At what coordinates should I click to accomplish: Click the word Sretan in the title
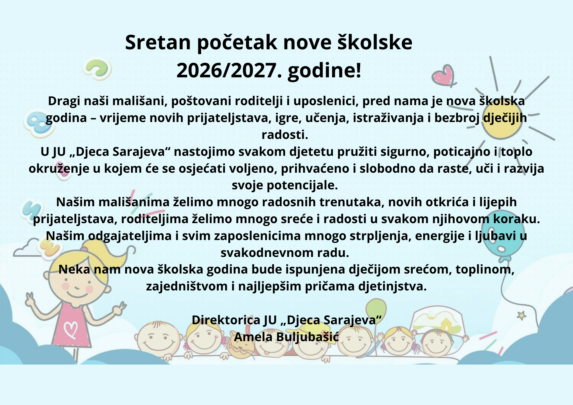click(158, 42)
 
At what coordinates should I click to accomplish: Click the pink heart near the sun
click(443, 75)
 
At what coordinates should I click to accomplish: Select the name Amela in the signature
click(253, 337)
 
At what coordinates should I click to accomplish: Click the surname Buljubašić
click(307, 337)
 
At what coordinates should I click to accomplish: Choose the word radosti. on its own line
click(285, 135)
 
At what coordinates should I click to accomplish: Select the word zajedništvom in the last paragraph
click(187, 286)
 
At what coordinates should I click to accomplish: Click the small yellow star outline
click(521, 315)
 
